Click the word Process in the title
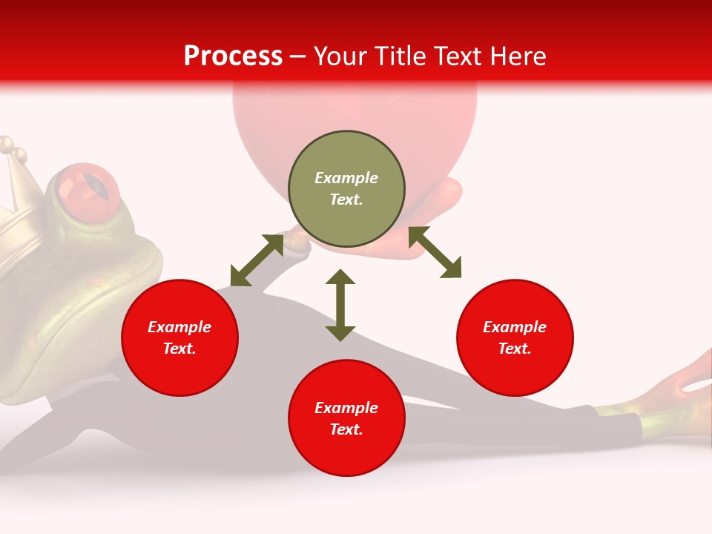click(x=233, y=56)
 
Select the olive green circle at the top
click(x=346, y=189)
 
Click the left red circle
click(x=179, y=337)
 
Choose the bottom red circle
click(x=346, y=418)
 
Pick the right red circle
click(x=515, y=337)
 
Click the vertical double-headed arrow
click(x=340, y=305)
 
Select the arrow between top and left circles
click(x=257, y=260)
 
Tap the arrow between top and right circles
click(x=435, y=252)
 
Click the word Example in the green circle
click(x=346, y=178)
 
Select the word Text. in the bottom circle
click(x=346, y=429)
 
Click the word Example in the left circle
click(x=179, y=327)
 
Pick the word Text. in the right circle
click(x=515, y=349)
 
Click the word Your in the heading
click(x=340, y=56)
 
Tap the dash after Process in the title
click(x=298, y=56)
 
